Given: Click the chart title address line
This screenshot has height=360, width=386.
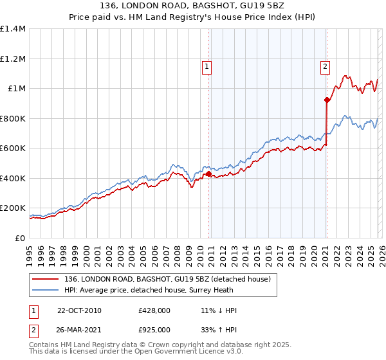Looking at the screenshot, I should pos(193,6).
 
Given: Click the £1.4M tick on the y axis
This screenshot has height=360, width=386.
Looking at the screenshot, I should pos(13,29).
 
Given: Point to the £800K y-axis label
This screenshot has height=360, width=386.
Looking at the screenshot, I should pos(13,118).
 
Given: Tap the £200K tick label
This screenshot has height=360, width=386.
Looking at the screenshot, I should pos(13,208).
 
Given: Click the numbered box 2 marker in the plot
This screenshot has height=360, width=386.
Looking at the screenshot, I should pos(326,66).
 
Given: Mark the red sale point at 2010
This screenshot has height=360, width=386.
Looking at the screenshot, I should pos(208,174).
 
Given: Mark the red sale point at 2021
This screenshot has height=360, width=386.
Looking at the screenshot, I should pos(327,100).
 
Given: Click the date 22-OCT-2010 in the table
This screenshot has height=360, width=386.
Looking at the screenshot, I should pos(79,310).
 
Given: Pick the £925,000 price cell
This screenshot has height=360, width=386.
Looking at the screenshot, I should pos(154,331).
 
